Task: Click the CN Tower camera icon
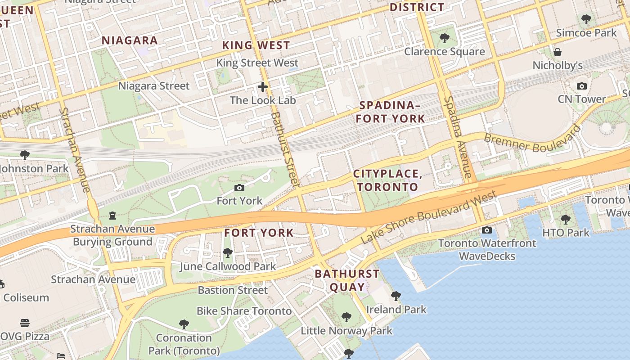tap(581, 86)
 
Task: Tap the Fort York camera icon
tap(239, 188)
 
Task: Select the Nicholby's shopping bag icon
tap(558, 52)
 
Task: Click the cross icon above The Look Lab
tap(263, 87)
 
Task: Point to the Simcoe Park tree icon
tap(586, 19)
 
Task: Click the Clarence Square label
tap(444, 51)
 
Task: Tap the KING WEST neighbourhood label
tap(256, 45)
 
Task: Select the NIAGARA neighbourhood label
tap(130, 40)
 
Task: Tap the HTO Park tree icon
tap(565, 220)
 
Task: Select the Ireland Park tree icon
tap(396, 296)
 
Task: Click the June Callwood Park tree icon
tap(228, 253)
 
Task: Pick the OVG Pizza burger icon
tap(25, 323)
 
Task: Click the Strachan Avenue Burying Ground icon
tap(112, 216)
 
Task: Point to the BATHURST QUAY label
tap(347, 280)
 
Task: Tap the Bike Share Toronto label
tap(244, 311)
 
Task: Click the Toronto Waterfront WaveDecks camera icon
tap(486, 230)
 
